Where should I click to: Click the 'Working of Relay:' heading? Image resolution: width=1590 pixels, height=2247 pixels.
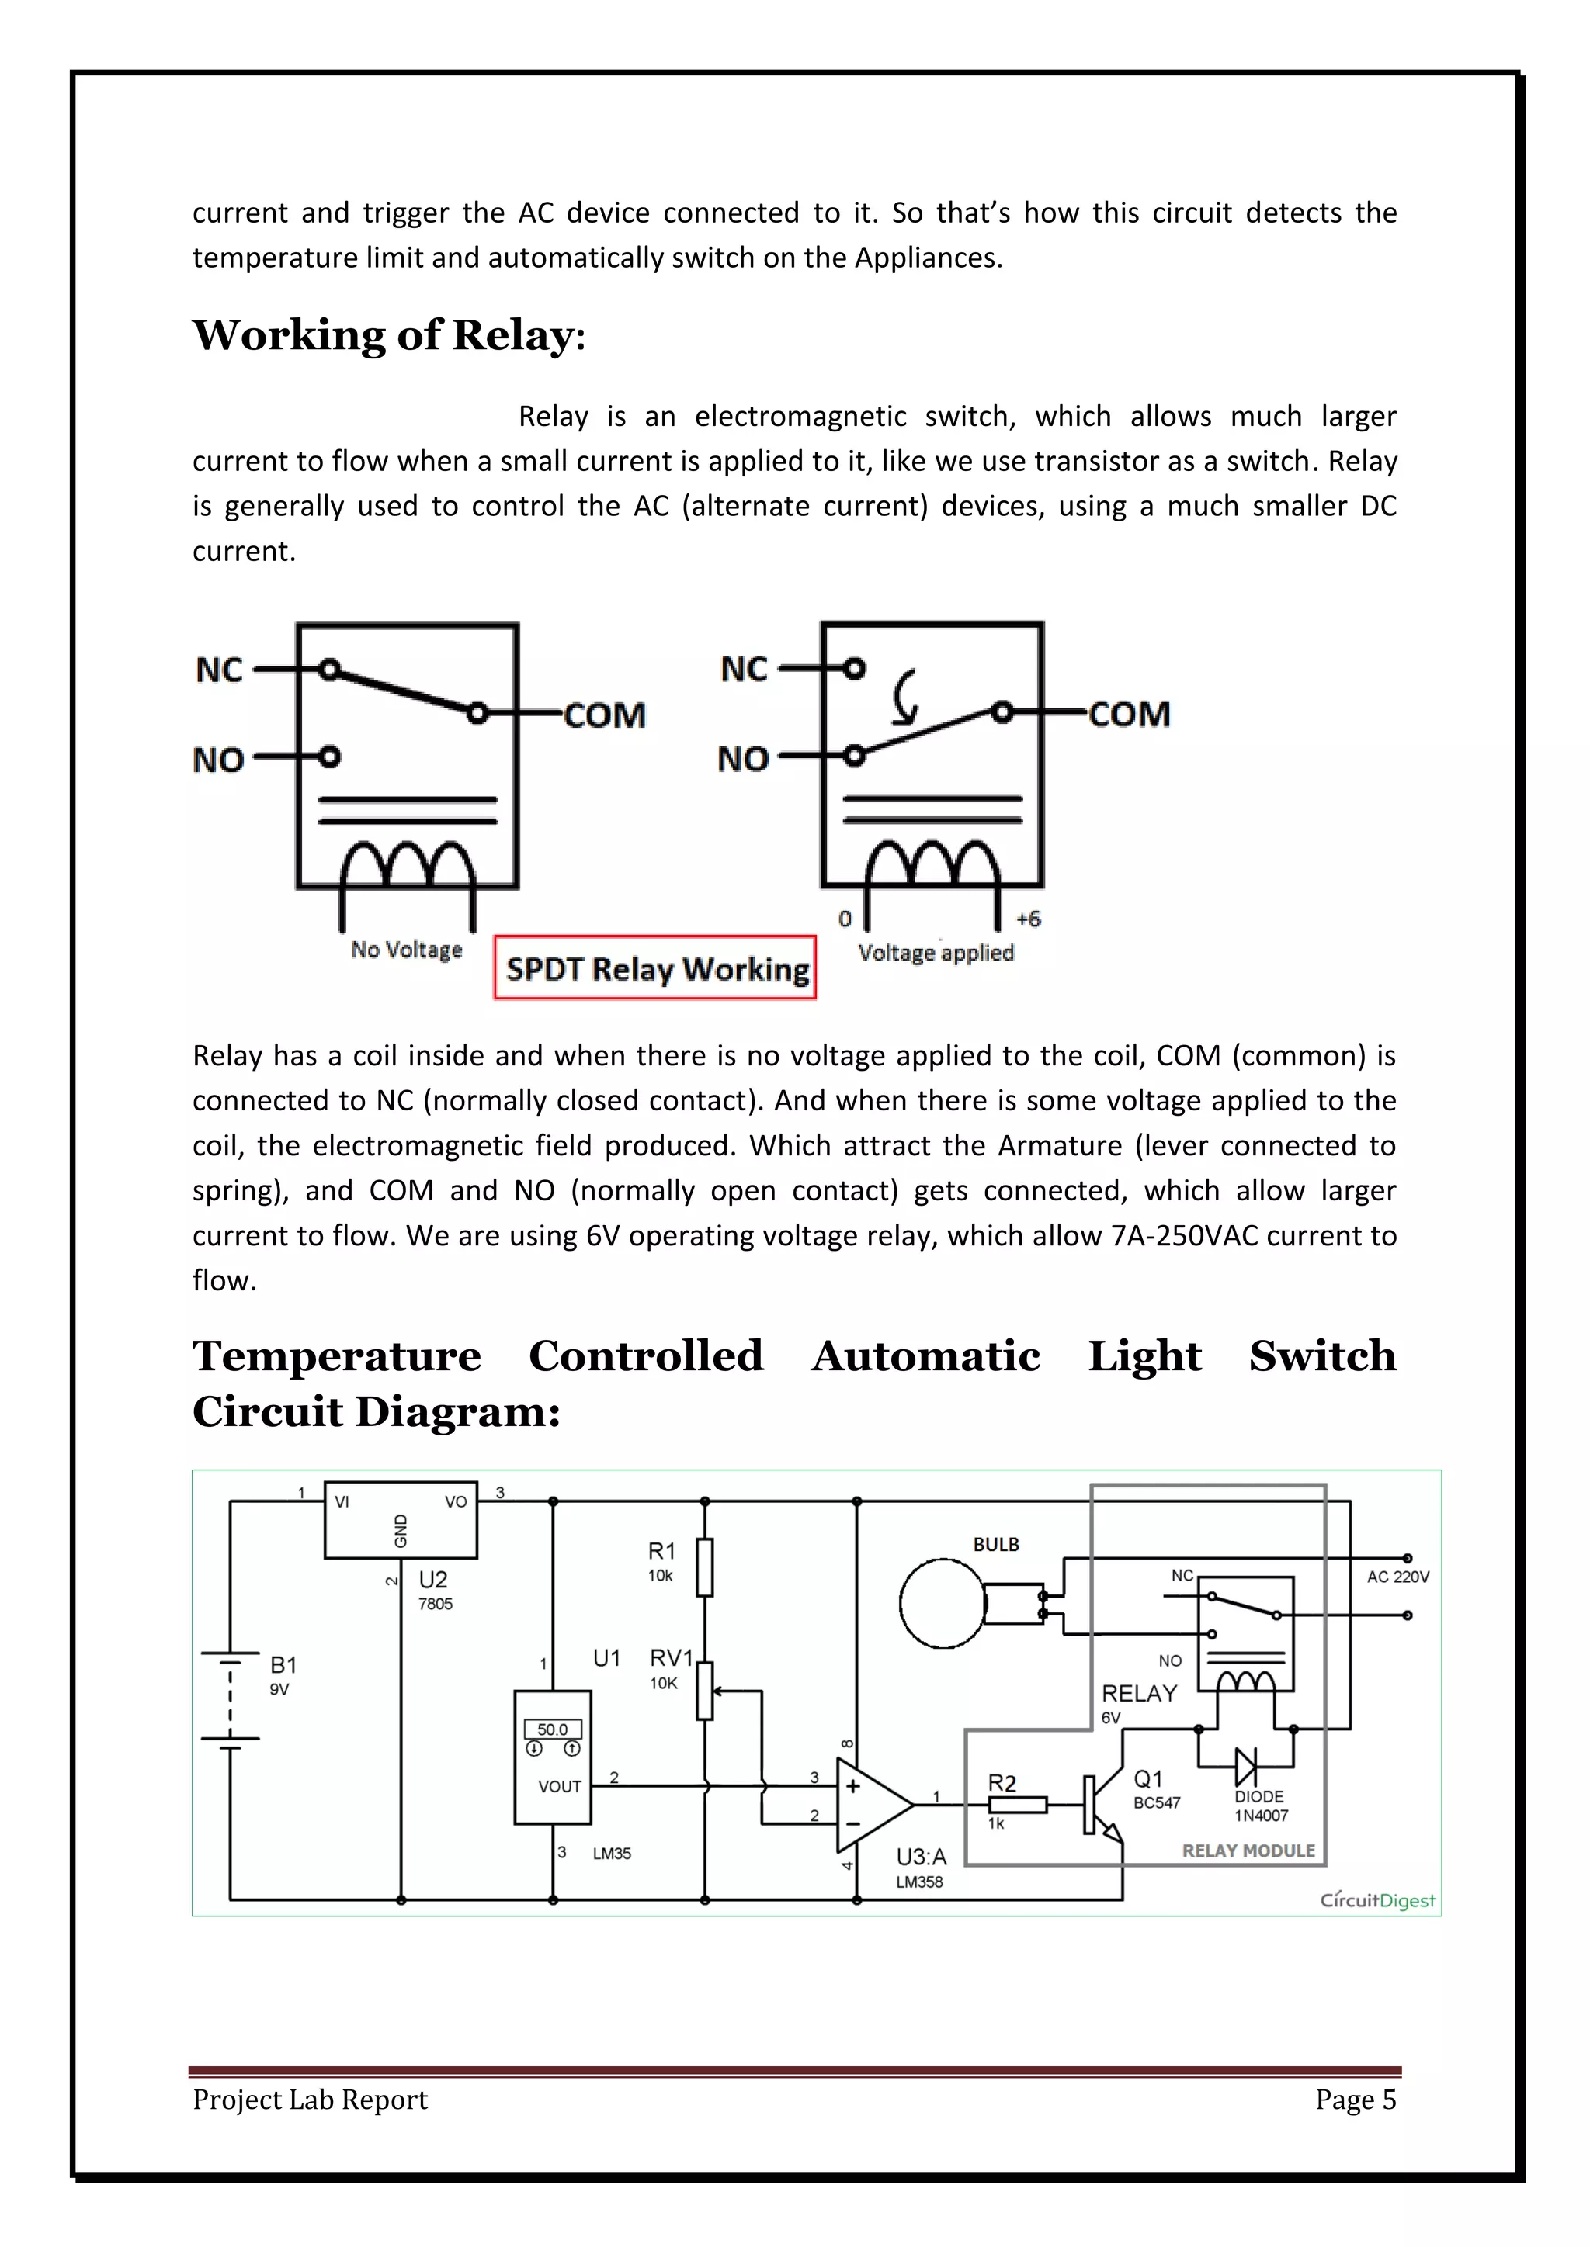point(389,336)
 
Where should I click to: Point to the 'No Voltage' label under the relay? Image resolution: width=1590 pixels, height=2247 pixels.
point(406,949)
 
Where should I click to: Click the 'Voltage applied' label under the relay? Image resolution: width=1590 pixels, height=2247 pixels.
point(935,952)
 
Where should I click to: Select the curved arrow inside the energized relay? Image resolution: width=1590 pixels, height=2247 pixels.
point(907,696)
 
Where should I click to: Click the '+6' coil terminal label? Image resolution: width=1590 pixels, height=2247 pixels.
point(1028,919)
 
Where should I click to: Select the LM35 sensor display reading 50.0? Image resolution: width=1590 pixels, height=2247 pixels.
point(552,1729)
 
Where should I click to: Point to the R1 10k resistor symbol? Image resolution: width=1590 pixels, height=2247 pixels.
point(704,1567)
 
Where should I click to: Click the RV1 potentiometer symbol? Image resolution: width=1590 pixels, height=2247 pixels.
point(705,1690)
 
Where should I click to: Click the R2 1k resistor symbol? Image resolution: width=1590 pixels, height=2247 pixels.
point(1019,1805)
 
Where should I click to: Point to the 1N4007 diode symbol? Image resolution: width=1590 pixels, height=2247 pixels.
point(1245,1767)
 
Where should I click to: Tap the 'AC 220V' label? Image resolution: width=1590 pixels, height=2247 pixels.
point(1397,1577)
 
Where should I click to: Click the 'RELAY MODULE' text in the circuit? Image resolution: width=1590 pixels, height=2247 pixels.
point(1248,1851)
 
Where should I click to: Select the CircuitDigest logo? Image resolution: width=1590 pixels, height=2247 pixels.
point(1376,1899)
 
